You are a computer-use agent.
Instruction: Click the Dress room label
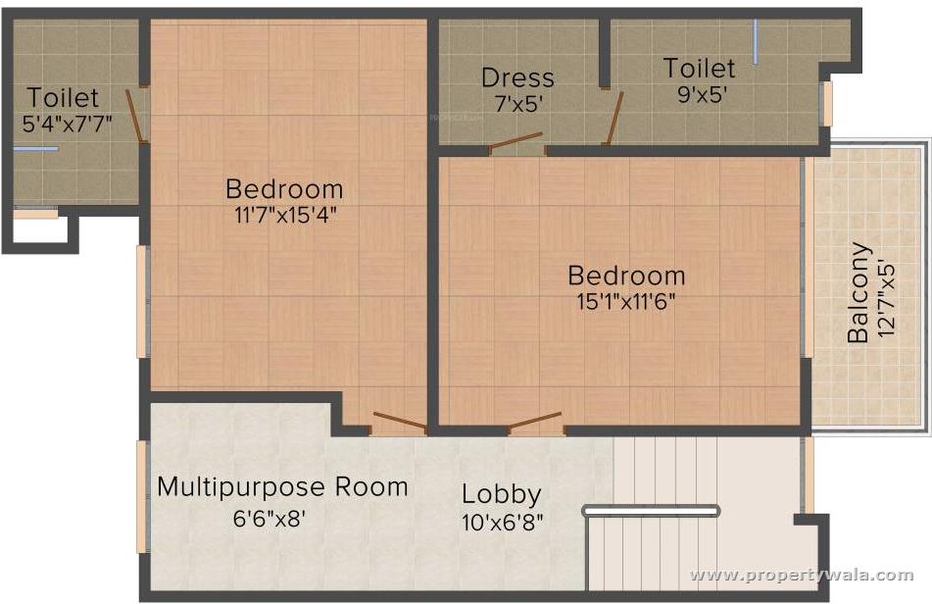click(517, 77)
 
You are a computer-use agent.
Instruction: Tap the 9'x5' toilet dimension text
click(703, 94)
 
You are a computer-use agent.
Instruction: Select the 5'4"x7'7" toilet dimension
click(68, 124)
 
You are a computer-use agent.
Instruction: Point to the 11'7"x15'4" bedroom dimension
click(286, 215)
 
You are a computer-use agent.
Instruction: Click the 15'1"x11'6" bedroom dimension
click(626, 301)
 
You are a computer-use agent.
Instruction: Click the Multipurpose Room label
click(282, 487)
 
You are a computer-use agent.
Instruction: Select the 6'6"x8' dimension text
click(269, 519)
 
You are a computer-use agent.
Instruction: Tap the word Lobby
click(502, 494)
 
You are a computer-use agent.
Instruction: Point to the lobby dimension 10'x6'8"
click(502, 522)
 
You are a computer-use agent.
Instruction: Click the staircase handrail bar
click(652, 510)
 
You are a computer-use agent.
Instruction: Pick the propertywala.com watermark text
click(802, 575)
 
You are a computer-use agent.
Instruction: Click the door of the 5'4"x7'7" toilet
click(135, 117)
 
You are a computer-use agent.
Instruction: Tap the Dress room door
click(515, 142)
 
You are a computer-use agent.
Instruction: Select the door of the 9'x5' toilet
click(613, 119)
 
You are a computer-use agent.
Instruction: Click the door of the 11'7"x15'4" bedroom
click(400, 421)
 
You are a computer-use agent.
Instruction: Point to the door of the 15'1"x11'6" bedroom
click(534, 422)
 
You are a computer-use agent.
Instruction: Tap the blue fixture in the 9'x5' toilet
click(756, 41)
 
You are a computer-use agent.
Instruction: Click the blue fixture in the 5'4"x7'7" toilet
click(35, 149)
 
